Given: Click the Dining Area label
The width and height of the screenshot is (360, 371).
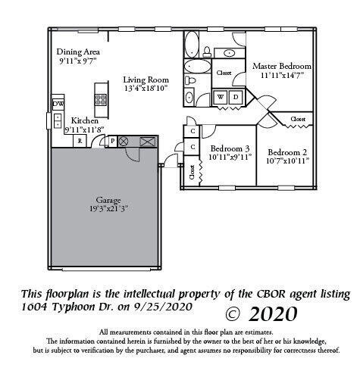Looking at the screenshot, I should (77, 52).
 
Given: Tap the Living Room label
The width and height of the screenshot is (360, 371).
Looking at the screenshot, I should (146, 79).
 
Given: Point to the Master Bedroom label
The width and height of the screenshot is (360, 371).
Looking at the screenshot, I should (282, 66).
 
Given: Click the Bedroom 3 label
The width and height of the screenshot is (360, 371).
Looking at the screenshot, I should (230, 148).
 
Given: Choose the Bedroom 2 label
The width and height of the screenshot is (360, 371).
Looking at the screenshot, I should (286, 151).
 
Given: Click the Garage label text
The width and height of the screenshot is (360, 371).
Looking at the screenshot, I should (108, 200).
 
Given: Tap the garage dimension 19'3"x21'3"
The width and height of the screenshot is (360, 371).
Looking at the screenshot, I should (108, 209).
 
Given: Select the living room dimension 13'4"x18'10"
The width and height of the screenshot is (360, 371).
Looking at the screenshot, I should (146, 89).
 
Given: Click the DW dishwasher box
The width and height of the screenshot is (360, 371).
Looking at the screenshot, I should (58, 103).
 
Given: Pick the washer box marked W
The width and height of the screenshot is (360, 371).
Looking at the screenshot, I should (222, 97).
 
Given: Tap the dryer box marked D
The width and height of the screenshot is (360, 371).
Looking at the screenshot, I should (236, 97).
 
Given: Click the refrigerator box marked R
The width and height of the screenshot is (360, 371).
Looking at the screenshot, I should (80, 140).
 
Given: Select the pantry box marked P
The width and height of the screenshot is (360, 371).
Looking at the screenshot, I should (113, 142).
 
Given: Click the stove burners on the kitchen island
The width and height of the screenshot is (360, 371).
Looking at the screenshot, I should (99, 97).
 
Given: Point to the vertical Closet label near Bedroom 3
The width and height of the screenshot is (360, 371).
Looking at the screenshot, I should (191, 172).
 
